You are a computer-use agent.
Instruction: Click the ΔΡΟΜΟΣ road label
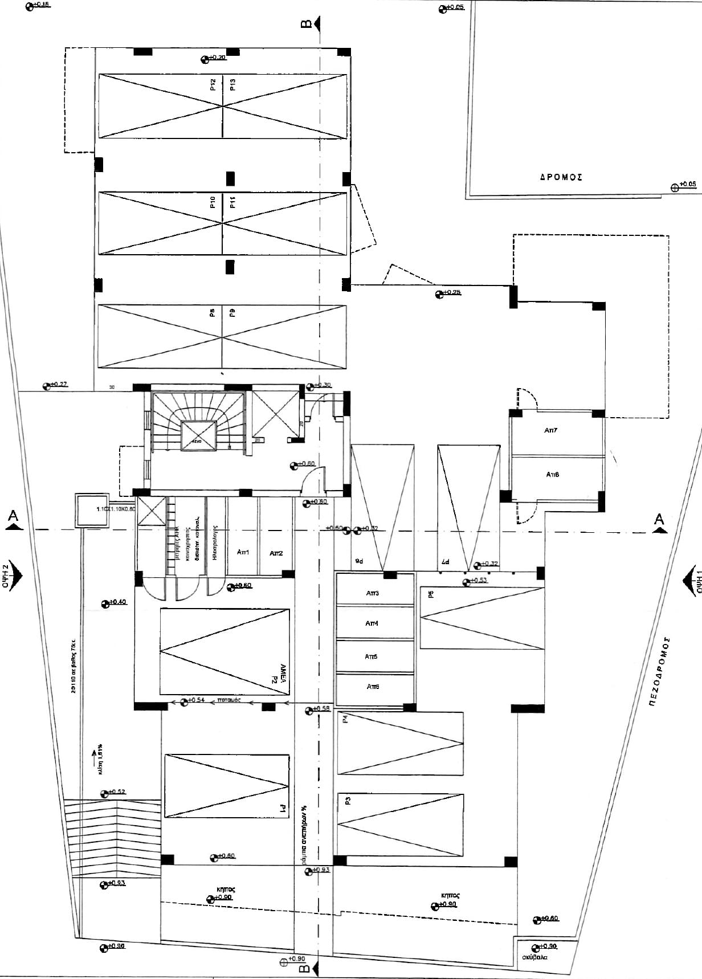point(561,177)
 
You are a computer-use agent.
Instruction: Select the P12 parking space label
point(213,85)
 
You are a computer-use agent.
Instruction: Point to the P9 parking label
point(232,312)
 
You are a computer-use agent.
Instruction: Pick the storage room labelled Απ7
point(551,431)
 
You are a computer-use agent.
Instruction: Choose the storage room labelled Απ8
point(552,474)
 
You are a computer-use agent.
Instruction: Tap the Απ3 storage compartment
point(372,593)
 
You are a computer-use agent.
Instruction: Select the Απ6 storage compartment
point(373,687)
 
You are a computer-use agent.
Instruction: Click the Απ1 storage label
point(243,552)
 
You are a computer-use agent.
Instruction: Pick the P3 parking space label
point(348,800)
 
